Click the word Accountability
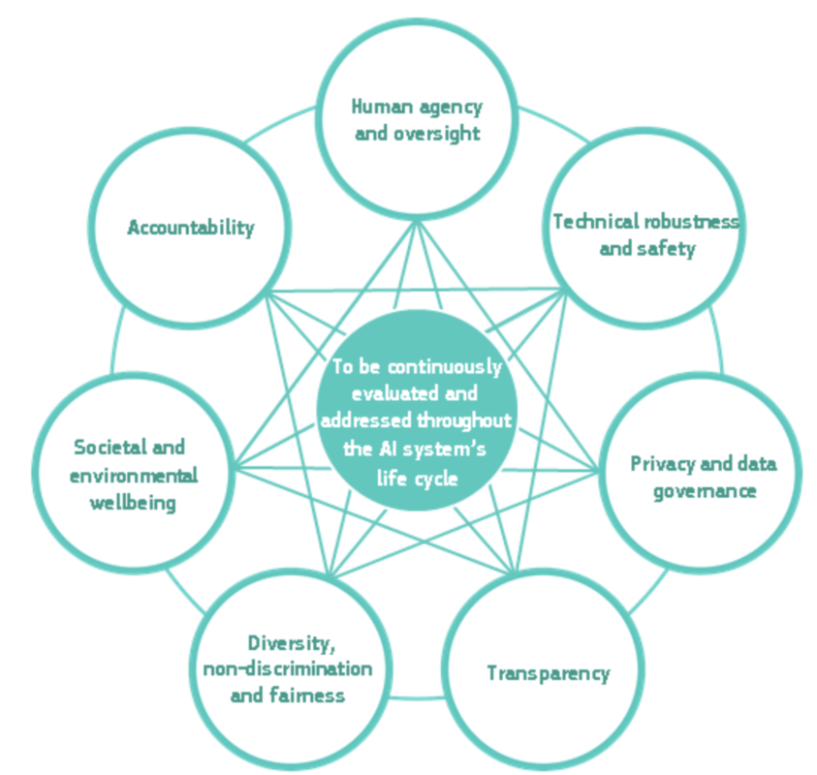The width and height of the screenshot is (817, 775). click(x=191, y=228)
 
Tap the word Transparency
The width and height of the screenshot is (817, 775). click(x=549, y=672)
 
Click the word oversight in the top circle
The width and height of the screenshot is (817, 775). click(x=435, y=133)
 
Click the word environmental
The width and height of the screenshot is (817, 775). click(x=136, y=475)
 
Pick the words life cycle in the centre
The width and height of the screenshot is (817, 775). click(x=417, y=477)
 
